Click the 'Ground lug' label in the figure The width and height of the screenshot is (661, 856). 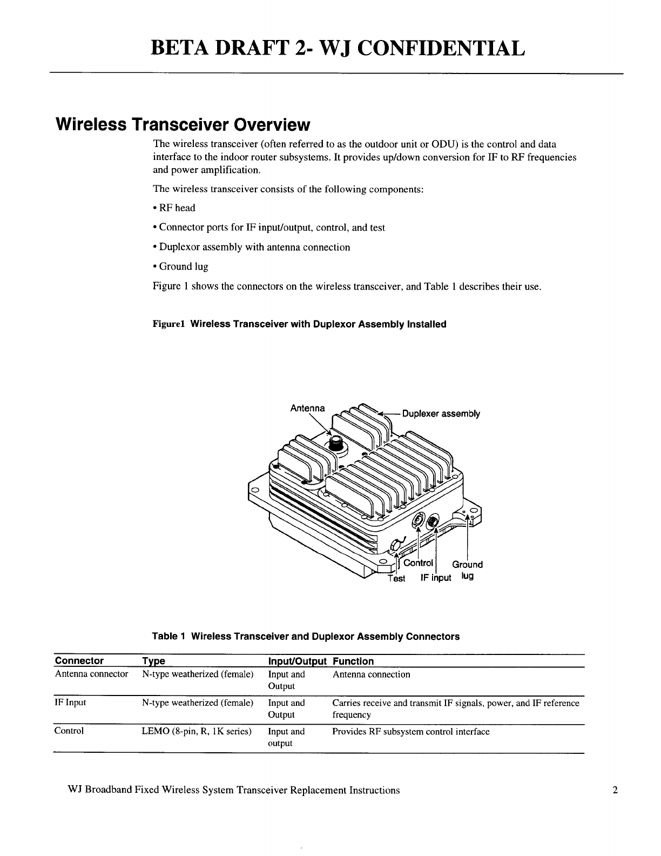tap(467, 570)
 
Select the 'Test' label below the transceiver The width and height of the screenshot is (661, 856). tap(396, 578)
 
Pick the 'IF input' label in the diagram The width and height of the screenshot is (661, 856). tap(435, 578)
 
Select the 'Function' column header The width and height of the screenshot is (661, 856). tap(353, 661)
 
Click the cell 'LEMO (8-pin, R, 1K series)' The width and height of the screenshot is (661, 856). tap(197, 731)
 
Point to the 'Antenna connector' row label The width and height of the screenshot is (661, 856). tap(91, 674)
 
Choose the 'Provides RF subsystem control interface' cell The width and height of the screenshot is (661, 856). tap(410, 731)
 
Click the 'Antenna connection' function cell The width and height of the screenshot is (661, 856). tap(371, 674)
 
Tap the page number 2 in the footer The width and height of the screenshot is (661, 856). tap(615, 790)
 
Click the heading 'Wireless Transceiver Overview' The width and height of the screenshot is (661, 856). tap(183, 125)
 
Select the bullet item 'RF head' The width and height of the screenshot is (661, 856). tap(174, 208)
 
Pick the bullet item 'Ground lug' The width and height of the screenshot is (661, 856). tap(181, 266)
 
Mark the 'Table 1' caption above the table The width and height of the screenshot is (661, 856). tap(306, 636)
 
